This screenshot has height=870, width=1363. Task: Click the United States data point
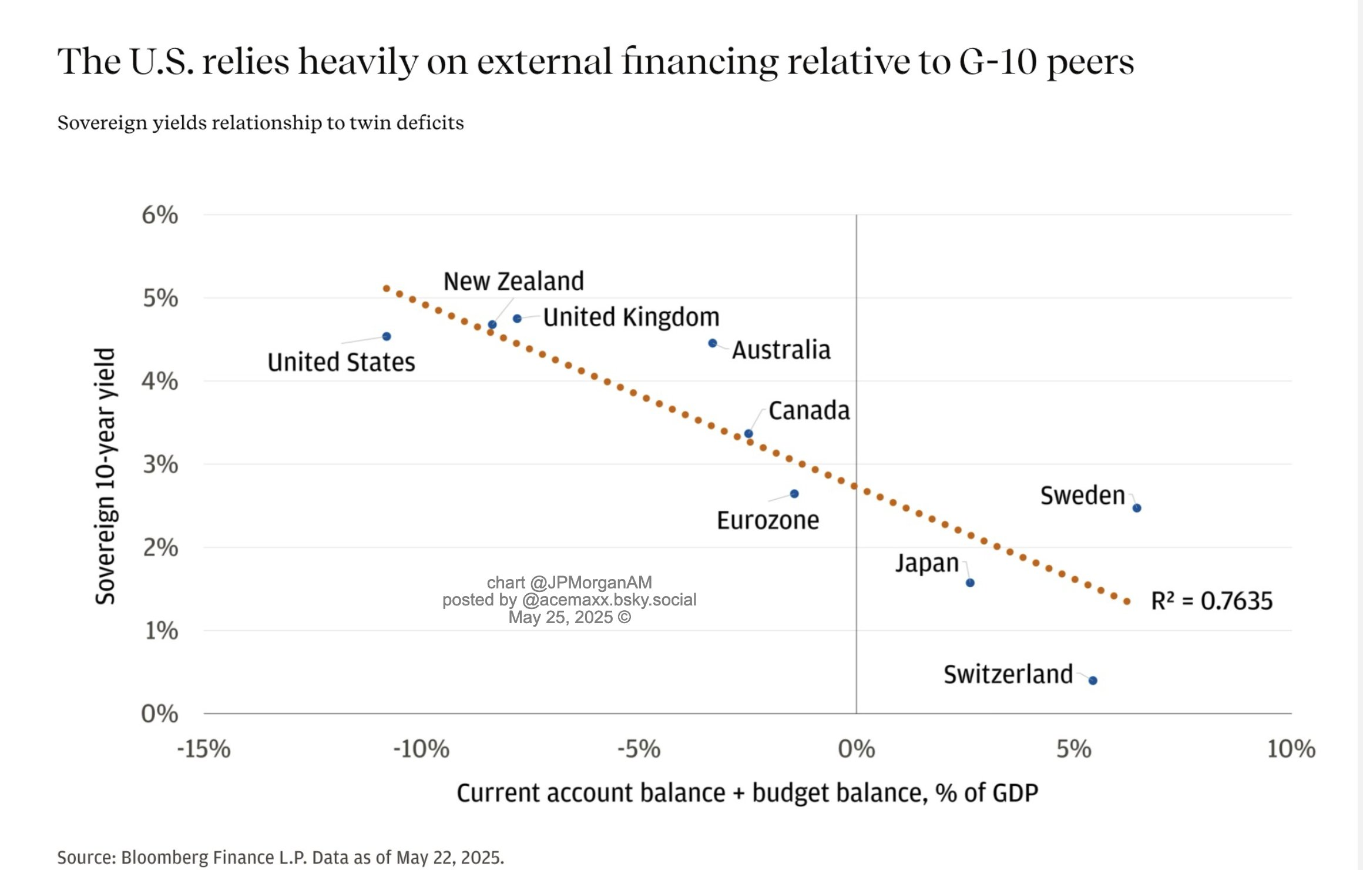tap(387, 336)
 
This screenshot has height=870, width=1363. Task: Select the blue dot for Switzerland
tap(1093, 681)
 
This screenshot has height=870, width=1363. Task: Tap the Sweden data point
tap(1137, 508)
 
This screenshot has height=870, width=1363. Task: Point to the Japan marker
tap(970, 583)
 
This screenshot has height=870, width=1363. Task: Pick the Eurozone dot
tap(794, 494)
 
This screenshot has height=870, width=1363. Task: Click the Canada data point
tap(748, 434)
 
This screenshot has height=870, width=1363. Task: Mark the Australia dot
tap(713, 343)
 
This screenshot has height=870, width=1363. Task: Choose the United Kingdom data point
tap(517, 319)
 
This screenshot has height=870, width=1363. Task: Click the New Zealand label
tap(513, 281)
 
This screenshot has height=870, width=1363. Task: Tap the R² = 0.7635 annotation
tap(1211, 601)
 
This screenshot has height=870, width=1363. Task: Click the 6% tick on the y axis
tap(160, 215)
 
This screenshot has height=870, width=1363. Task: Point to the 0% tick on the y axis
tap(160, 714)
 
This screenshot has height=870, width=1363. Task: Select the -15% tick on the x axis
tap(204, 749)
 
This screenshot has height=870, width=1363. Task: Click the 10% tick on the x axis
tap(1291, 749)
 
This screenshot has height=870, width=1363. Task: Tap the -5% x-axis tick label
tap(639, 749)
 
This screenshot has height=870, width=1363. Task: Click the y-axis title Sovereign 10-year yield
tap(106, 476)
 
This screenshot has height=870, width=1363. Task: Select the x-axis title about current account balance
tap(747, 792)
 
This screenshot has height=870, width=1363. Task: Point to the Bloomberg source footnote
tap(280, 857)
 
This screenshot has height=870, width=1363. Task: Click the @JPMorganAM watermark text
tap(590, 583)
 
